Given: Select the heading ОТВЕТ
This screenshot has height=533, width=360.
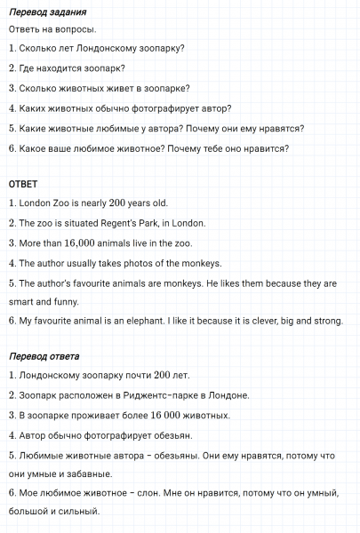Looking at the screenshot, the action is pos(23,184).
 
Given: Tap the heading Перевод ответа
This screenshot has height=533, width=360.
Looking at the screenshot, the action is pos(44,356).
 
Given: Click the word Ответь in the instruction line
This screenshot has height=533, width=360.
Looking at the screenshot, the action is pos(25,29).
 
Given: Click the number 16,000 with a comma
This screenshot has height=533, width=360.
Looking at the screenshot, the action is pos(85,243).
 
